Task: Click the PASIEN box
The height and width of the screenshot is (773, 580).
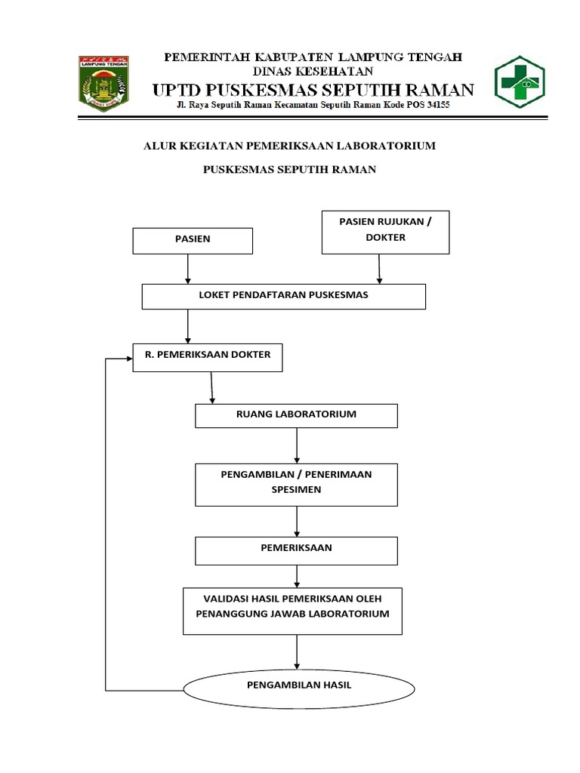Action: [x=193, y=240]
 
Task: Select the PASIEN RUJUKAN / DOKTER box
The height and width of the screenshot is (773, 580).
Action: [x=385, y=232]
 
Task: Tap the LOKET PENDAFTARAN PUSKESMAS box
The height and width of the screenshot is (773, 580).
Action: [x=283, y=296]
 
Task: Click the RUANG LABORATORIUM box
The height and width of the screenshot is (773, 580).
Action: [x=296, y=416]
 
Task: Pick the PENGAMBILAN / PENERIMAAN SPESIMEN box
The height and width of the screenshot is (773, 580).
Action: [x=296, y=484]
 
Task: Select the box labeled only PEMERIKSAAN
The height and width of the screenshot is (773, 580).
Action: [x=296, y=550]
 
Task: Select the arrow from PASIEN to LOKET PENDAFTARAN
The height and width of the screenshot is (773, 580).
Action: [x=187, y=269]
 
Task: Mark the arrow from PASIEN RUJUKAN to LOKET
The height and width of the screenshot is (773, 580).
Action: [x=379, y=269]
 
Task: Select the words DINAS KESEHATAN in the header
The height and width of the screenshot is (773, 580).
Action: [x=313, y=72]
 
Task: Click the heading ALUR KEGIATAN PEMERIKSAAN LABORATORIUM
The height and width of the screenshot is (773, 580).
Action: [x=289, y=146]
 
